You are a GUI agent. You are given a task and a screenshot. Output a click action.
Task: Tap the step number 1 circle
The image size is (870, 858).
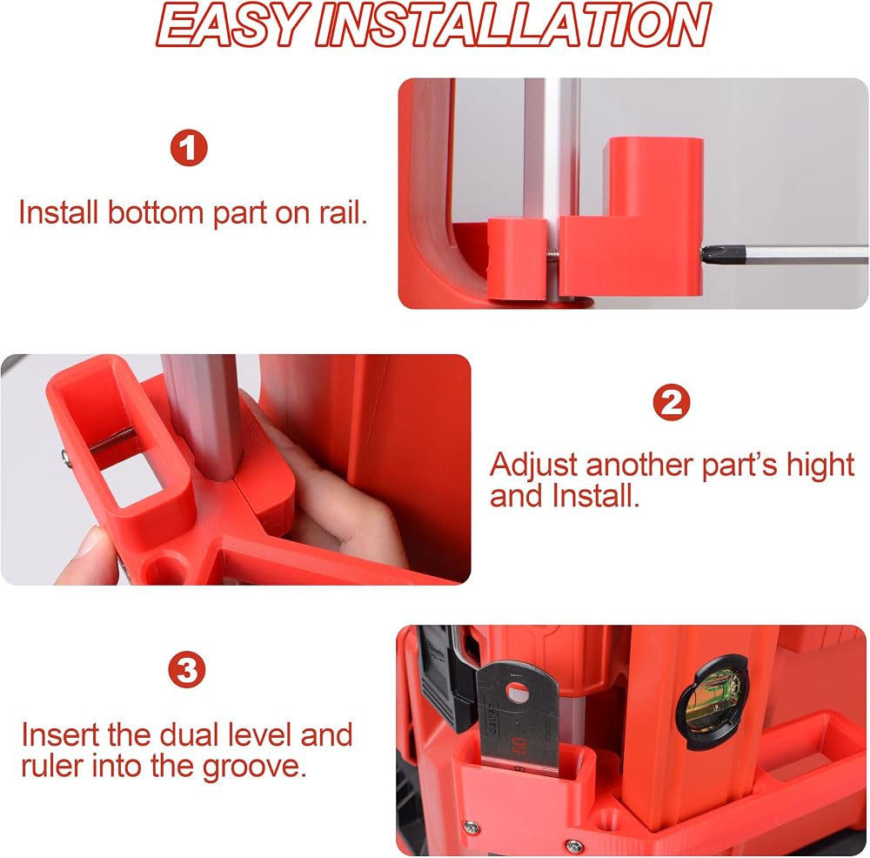click(x=189, y=148)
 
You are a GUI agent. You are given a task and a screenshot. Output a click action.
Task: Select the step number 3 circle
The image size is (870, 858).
click(x=187, y=669)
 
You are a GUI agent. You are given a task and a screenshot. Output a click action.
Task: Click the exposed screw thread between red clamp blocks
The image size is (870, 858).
click(x=552, y=255)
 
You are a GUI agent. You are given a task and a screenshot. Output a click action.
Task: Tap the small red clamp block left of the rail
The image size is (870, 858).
click(x=517, y=259)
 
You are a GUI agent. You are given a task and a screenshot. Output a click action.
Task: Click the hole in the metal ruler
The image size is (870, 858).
click(x=519, y=692)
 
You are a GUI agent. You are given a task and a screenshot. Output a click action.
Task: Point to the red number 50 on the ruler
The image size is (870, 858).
click(x=519, y=745)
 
